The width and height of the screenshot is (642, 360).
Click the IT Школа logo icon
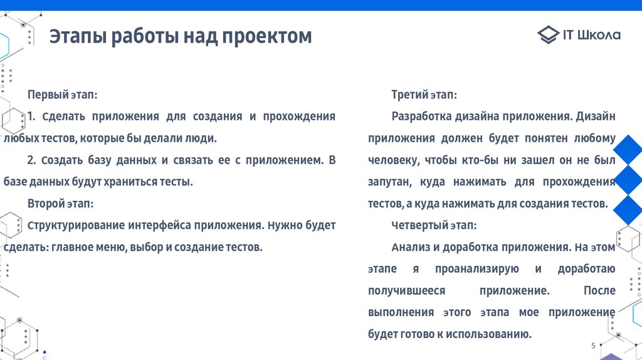pos(547,35)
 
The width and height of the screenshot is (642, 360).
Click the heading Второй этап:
pos(61,204)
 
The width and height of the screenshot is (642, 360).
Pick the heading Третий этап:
pos(424,95)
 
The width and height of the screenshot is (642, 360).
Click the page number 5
pos(593,346)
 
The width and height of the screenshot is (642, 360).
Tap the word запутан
pos(389,182)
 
